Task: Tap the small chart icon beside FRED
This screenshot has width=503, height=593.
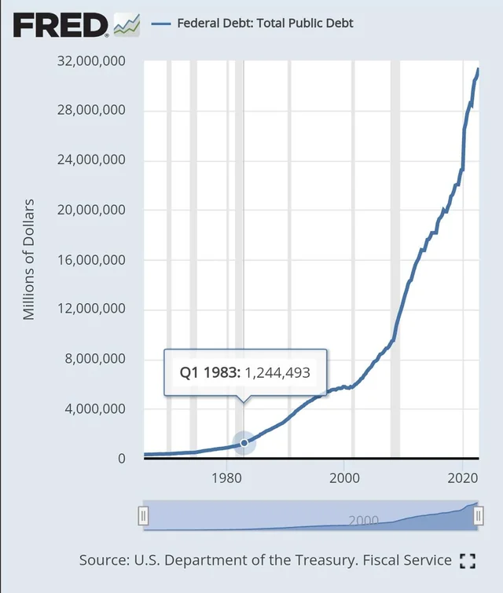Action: tap(127, 24)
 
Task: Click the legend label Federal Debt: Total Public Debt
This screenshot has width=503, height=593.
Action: tap(265, 23)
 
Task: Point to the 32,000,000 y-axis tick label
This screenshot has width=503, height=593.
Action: tap(91, 60)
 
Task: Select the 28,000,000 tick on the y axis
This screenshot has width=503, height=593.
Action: tap(91, 111)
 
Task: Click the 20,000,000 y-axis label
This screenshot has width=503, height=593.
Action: tap(91, 210)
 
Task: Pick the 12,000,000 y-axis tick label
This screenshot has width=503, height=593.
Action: tap(91, 309)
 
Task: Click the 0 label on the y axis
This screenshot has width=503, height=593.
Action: tap(121, 459)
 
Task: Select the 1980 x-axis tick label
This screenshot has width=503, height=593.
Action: tap(226, 478)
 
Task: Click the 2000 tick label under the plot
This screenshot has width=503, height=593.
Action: tap(345, 478)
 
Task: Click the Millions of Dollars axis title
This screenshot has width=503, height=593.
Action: tap(29, 259)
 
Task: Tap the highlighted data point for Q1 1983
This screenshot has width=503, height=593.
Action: tap(244, 443)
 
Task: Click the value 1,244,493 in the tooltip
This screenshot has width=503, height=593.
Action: tap(277, 372)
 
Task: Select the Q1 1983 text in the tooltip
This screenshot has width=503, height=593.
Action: tap(207, 372)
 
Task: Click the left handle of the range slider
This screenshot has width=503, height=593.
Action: tap(143, 516)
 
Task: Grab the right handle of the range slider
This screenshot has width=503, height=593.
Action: tap(478, 516)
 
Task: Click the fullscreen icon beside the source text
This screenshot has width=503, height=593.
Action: tap(468, 561)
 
